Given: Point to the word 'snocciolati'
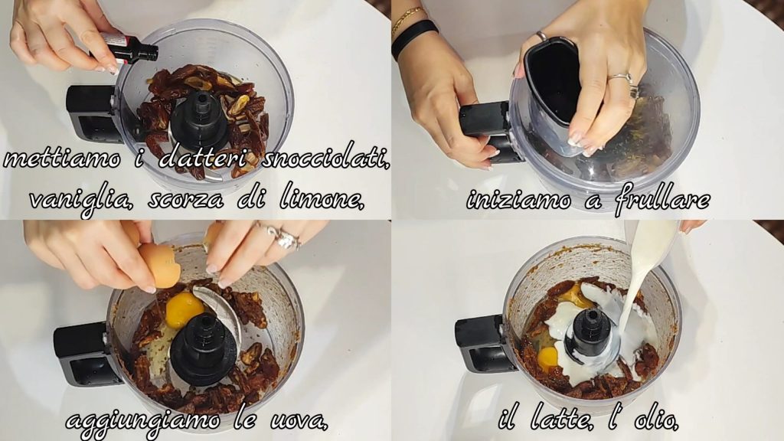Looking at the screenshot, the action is pyautogui.click(x=325, y=159).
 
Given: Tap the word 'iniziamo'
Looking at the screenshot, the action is pyautogui.click(x=518, y=200).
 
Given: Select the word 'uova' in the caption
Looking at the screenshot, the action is pyautogui.click(x=299, y=421).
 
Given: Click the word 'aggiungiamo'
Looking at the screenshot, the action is pyautogui.click(x=143, y=422).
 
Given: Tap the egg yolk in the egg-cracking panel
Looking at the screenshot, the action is pyautogui.click(x=184, y=309).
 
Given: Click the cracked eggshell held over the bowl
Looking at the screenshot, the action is pyautogui.click(x=160, y=264).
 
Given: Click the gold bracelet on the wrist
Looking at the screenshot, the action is pyautogui.click(x=407, y=19).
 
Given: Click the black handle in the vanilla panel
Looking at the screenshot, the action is pyautogui.click(x=92, y=115).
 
